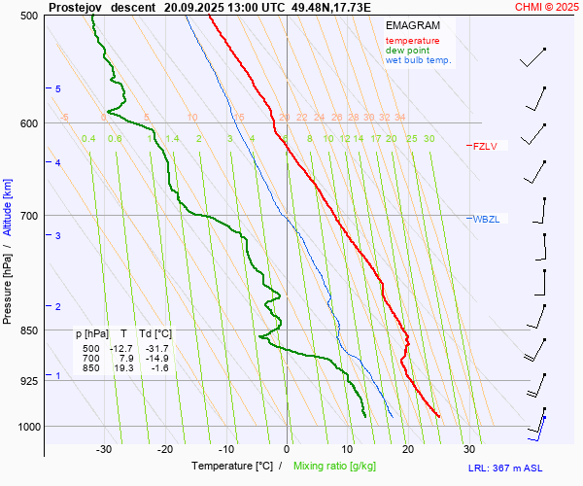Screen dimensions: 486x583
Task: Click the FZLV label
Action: (x=485, y=146)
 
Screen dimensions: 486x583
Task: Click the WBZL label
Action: (x=486, y=219)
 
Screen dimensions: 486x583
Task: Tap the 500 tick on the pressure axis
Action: (x=29, y=17)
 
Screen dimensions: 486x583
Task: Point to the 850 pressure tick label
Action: (x=29, y=330)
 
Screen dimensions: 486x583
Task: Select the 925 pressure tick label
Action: (x=29, y=380)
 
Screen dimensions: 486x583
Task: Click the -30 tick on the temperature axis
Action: (x=104, y=449)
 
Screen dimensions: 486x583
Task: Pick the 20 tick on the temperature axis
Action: (x=408, y=449)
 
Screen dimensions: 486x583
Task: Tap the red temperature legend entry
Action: (x=412, y=41)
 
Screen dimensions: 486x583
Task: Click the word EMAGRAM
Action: (x=412, y=24)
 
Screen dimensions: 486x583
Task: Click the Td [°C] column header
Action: (x=155, y=333)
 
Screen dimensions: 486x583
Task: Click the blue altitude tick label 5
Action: (x=58, y=89)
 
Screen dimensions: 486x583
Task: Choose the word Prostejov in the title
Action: (x=75, y=6)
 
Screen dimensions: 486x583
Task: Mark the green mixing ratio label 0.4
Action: (x=88, y=139)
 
